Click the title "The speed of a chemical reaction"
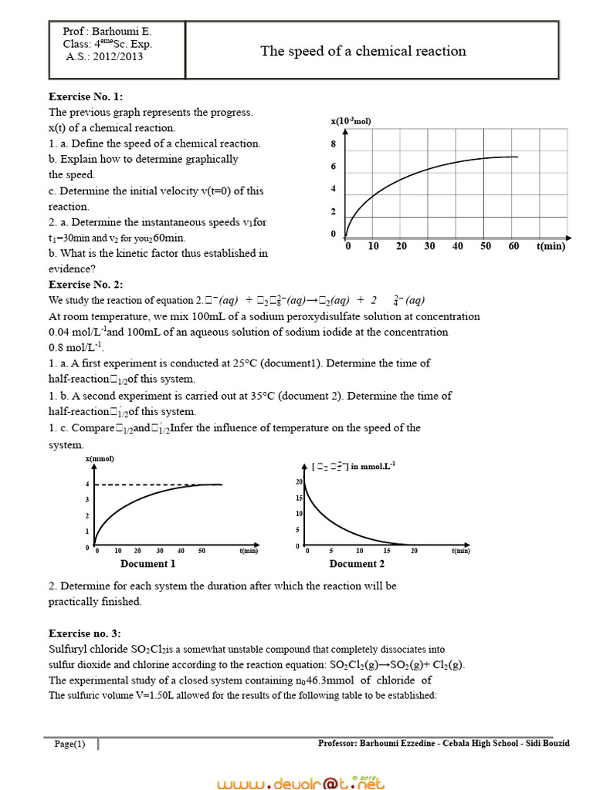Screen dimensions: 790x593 point(363,51)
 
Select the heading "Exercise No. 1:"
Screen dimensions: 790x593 point(86,96)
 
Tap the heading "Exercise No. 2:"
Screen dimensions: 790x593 point(86,285)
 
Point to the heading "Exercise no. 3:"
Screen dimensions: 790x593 point(85,633)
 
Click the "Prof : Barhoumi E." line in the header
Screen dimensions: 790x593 point(107,32)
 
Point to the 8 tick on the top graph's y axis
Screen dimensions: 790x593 point(334,144)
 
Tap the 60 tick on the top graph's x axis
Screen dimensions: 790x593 point(514,246)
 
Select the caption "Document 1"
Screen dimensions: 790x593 point(147,564)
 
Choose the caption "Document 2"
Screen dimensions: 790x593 point(357,564)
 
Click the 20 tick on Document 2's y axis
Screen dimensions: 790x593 point(299,481)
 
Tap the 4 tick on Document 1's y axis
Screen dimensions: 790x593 point(87,484)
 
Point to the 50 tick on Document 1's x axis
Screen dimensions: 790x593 point(202,551)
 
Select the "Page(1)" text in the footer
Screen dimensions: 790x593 point(70,744)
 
